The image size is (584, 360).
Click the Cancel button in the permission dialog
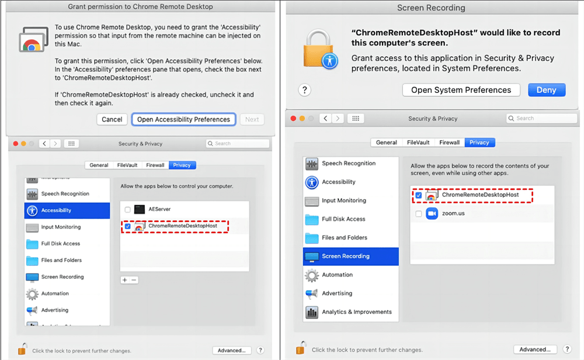point(112,119)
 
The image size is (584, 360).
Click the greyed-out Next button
point(252,119)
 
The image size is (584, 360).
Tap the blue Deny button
point(547,90)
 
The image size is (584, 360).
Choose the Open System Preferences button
point(461,90)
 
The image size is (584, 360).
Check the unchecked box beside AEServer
point(127,209)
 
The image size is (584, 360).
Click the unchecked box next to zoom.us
point(419,213)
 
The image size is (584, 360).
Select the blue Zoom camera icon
point(432,213)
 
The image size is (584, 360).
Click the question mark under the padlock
point(304,90)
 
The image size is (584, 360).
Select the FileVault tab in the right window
point(418,143)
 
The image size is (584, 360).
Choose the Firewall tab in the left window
point(155,165)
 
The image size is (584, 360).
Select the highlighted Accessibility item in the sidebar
point(67,210)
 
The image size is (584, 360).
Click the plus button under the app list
point(124,280)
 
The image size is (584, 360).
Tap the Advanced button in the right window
point(535,349)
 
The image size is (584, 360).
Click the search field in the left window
point(238,144)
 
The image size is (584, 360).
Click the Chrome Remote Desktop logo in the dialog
point(33,40)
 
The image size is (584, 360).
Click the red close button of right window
point(294,119)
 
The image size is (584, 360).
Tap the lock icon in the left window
point(22,349)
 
